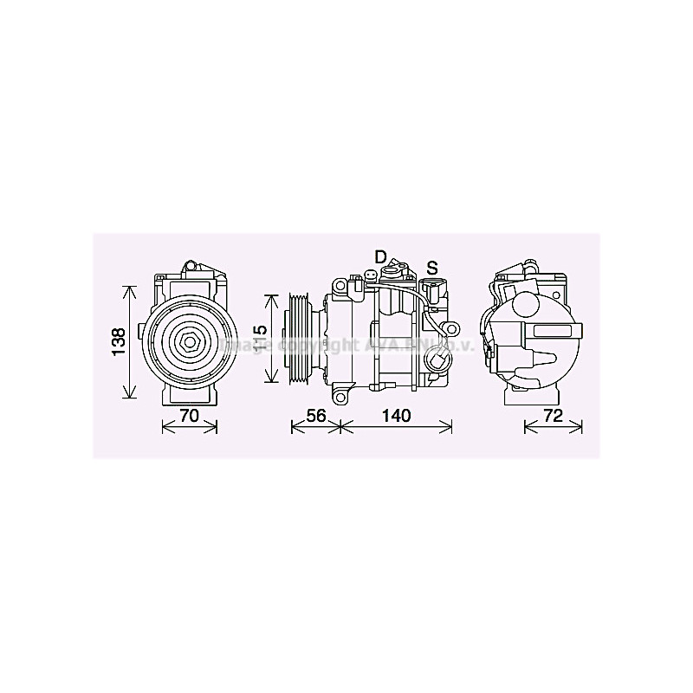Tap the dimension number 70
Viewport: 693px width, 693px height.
click(x=190, y=416)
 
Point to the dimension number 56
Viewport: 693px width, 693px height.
click(x=316, y=416)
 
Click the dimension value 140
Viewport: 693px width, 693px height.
click(x=395, y=416)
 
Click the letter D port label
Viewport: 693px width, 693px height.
click(x=380, y=256)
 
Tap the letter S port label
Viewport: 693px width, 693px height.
click(x=431, y=265)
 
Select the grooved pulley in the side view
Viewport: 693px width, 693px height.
click(x=299, y=339)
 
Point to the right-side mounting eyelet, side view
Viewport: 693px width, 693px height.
click(x=450, y=327)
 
